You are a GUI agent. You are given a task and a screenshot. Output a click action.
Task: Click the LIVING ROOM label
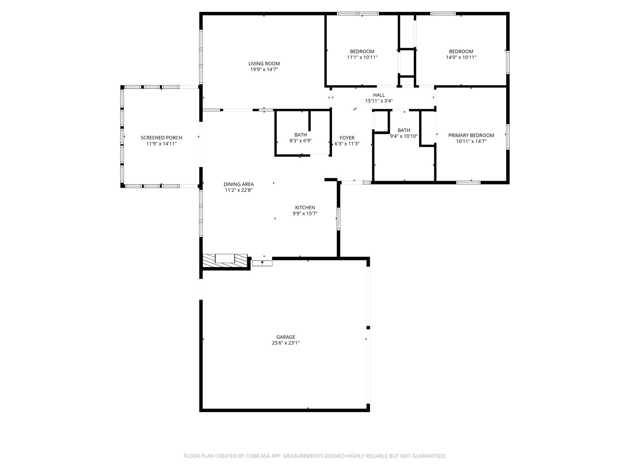pyautogui.click(x=264, y=63)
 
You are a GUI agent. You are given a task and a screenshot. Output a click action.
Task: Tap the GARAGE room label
pyautogui.click(x=286, y=337)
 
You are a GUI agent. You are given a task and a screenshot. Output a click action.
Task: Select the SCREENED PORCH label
pyautogui.click(x=161, y=138)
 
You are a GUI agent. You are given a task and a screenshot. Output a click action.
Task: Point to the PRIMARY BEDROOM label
pyautogui.click(x=471, y=135)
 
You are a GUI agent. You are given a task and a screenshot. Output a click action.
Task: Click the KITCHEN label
pyautogui.click(x=305, y=208)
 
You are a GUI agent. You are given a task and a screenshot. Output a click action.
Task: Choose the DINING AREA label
pyautogui.click(x=238, y=184)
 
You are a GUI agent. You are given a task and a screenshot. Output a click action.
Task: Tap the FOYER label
pyautogui.click(x=347, y=138)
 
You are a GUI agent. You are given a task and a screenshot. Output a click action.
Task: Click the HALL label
pyautogui.click(x=379, y=95)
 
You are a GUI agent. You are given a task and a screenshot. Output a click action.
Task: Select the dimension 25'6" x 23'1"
pyautogui.click(x=286, y=343)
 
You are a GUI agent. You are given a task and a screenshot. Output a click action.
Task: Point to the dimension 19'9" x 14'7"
pyautogui.click(x=264, y=69)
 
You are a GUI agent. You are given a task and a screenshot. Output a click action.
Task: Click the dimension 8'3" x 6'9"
pyautogui.click(x=301, y=141)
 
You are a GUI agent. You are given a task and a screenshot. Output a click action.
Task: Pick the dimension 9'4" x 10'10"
pyautogui.click(x=404, y=136)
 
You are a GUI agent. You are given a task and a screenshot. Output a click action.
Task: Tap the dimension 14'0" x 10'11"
pyautogui.click(x=461, y=57)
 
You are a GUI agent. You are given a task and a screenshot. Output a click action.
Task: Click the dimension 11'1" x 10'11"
pyautogui.click(x=362, y=57)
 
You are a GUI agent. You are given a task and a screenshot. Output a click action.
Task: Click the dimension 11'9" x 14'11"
pyautogui.click(x=161, y=144)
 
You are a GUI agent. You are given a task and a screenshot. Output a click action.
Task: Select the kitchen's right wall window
pyautogui.click(x=338, y=219)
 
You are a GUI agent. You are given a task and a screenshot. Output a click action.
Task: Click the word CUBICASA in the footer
pyautogui.click(x=258, y=456)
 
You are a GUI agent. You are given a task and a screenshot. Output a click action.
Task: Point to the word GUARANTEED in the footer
pyautogui.click(x=427, y=456)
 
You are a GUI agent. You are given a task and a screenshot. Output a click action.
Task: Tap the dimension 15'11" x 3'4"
pyautogui.click(x=379, y=101)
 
